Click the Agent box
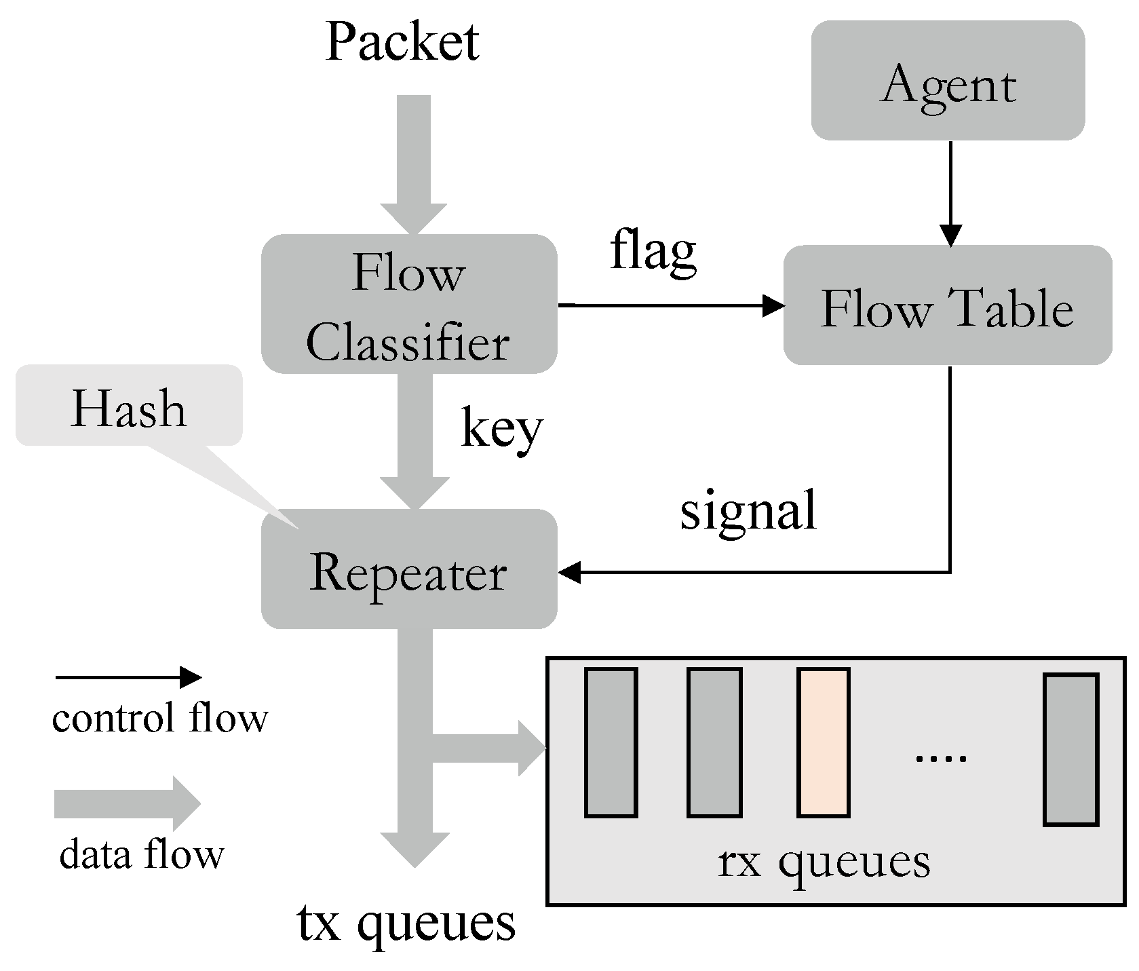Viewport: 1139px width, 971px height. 948,81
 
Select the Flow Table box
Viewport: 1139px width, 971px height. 948,305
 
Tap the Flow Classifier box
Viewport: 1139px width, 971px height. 409,305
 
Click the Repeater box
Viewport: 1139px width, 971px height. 409,569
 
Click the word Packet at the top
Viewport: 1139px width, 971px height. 402,42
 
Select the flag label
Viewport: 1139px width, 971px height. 653,251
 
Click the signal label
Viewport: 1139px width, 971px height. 748,510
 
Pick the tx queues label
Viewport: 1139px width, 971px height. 406,924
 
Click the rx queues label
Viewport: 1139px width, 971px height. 824,862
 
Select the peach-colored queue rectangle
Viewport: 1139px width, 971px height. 824,742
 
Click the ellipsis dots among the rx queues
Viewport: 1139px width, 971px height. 940,757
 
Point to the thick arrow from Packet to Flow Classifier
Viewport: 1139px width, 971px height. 414,163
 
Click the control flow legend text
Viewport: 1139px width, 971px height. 160,719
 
